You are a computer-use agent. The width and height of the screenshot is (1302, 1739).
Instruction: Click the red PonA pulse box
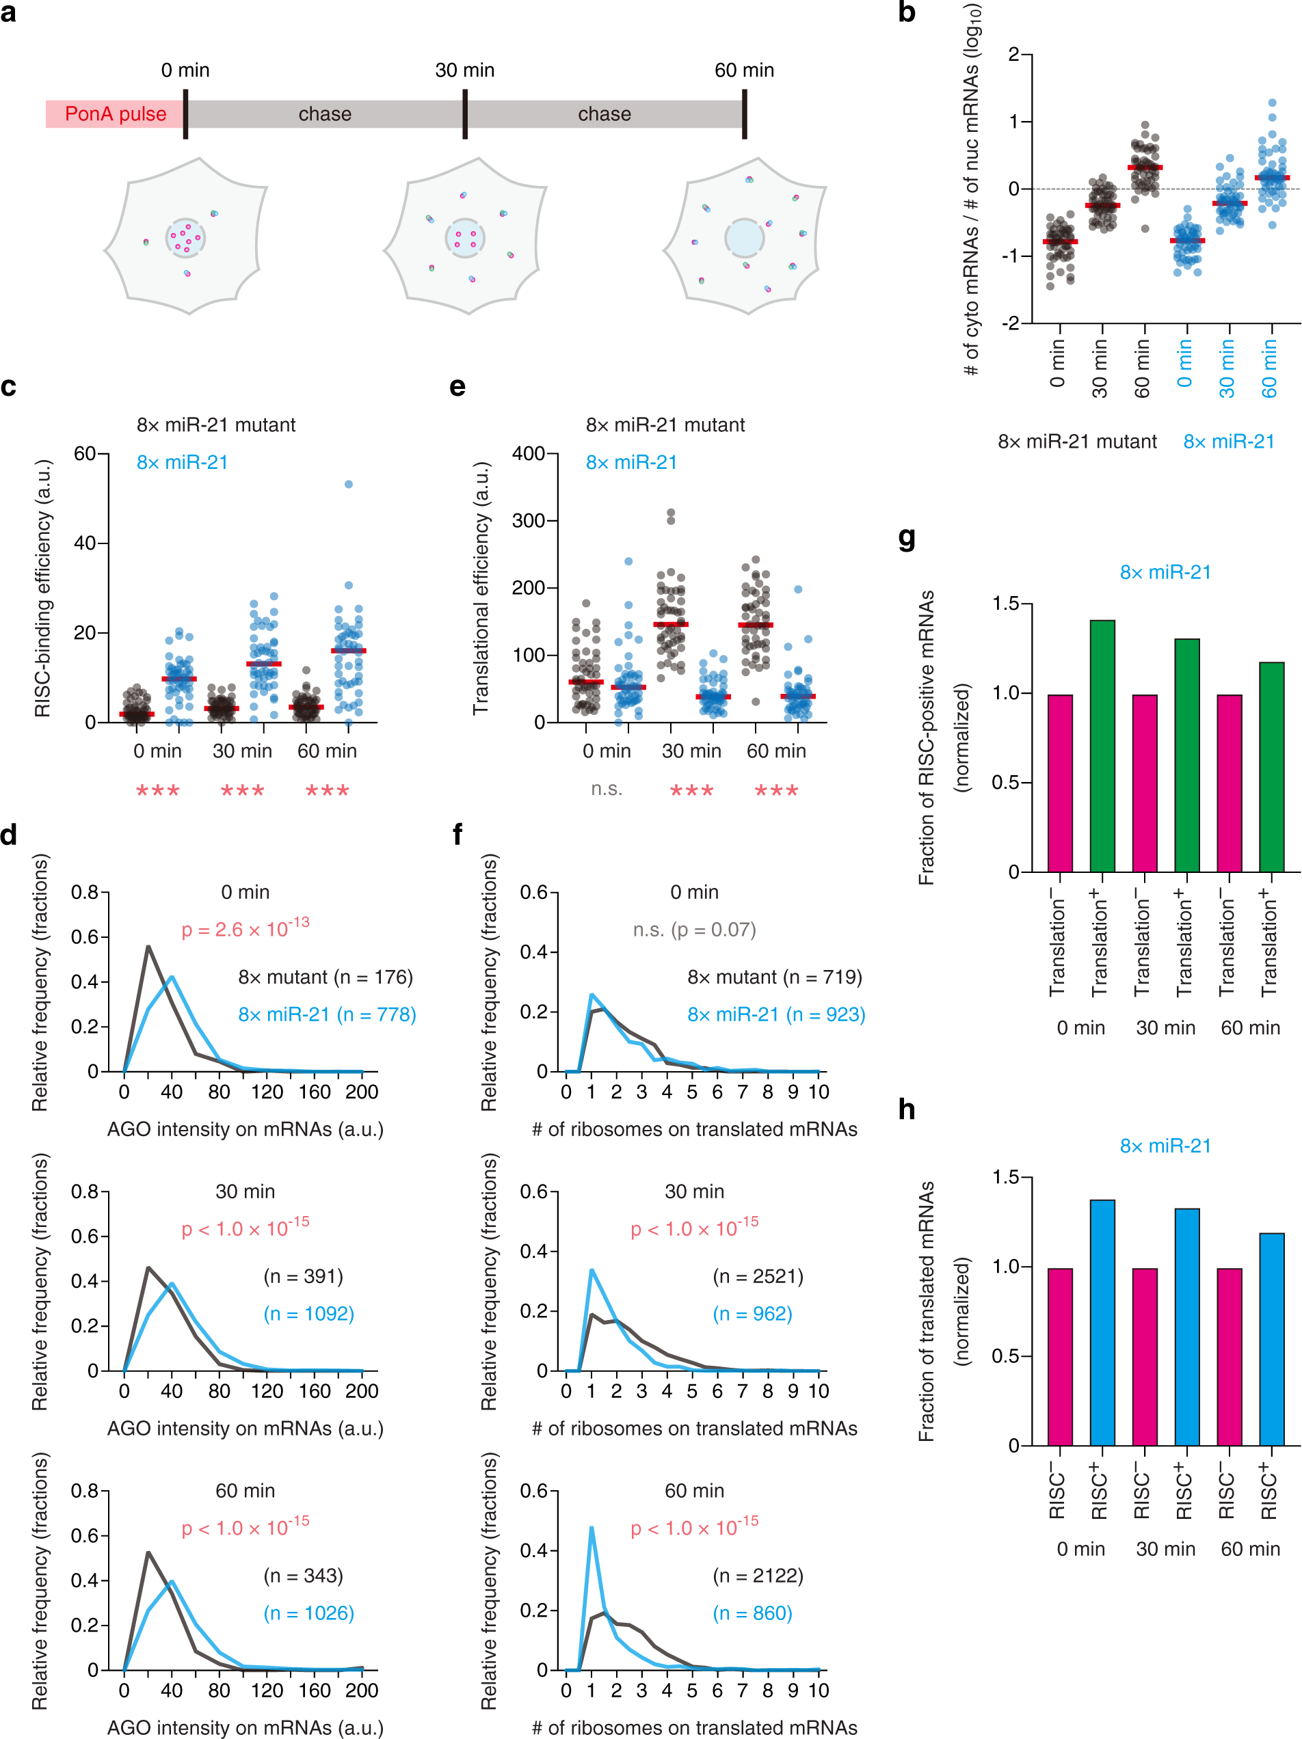(115, 114)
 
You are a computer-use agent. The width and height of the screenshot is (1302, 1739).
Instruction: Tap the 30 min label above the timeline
(465, 70)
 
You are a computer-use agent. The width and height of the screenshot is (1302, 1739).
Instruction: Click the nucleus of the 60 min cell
(744, 237)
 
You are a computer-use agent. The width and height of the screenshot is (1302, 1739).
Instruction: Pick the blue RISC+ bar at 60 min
(1271, 1339)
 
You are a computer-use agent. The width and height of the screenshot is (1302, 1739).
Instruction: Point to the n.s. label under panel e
(606, 789)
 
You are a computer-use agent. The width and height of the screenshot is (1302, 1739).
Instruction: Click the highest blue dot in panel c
(348, 484)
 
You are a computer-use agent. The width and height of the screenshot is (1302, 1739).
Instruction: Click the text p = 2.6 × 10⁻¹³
(245, 928)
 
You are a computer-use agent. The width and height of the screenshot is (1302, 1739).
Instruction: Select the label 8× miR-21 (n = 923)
(776, 1014)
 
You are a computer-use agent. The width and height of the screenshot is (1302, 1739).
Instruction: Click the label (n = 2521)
(758, 1276)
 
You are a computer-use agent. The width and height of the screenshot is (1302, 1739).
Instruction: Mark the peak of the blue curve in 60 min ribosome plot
(592, 1528)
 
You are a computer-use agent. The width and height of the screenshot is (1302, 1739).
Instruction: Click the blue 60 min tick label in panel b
(1269, 368)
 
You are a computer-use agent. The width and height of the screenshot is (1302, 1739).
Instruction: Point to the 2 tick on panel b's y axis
(1014, 54)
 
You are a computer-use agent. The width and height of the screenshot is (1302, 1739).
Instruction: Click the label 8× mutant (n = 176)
(325, 978)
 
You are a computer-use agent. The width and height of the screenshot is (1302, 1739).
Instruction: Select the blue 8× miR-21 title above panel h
(1165, 1146)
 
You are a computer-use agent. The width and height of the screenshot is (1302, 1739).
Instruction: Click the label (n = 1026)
(309, 1613)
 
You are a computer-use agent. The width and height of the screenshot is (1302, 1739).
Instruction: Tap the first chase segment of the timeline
(325, 114)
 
